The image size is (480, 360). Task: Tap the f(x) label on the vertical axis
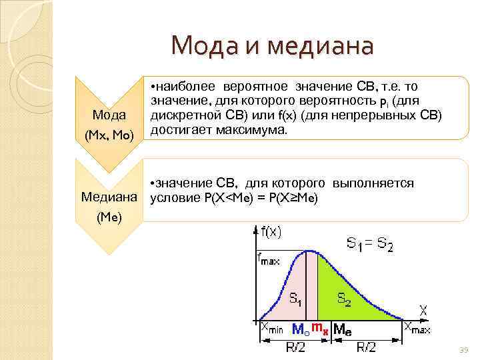click(268, 232)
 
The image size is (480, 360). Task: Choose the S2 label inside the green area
click(344, 300)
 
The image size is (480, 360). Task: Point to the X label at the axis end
click(423, 311)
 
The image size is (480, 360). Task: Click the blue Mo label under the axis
click(301, 329)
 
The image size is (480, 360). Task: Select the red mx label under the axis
click(321, 327)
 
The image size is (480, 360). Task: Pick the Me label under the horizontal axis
click(342, 329)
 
